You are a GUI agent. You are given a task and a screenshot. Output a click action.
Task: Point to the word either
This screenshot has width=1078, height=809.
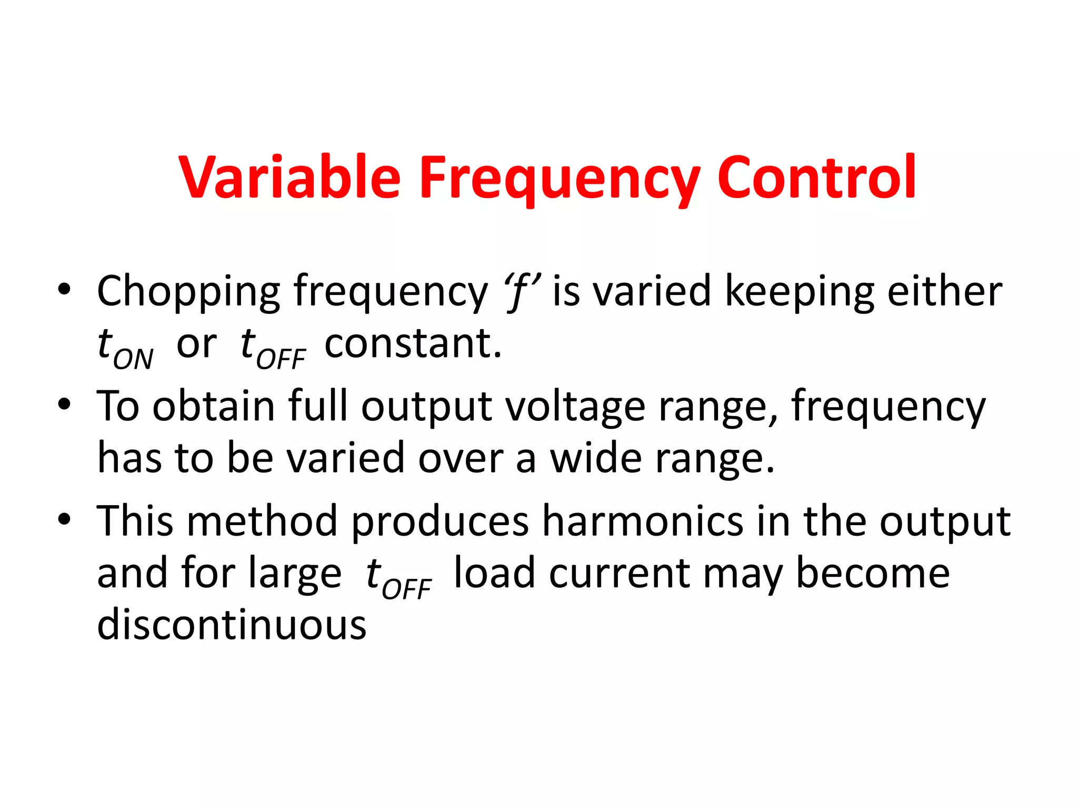coord(945,291)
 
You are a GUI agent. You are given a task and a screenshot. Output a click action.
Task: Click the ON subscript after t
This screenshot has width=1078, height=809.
coord(133,359)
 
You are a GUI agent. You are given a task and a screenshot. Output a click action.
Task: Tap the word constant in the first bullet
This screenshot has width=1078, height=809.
coord(413,343)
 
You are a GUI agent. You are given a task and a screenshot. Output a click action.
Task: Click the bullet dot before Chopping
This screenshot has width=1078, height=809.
coord(64,290)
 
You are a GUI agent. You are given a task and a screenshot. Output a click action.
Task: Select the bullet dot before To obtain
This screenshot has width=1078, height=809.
coord(64,405)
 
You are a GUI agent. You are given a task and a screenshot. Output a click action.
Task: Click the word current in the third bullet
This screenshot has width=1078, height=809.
coord(619,574)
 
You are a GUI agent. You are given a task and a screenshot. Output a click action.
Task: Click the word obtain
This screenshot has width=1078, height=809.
coord(214,407)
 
